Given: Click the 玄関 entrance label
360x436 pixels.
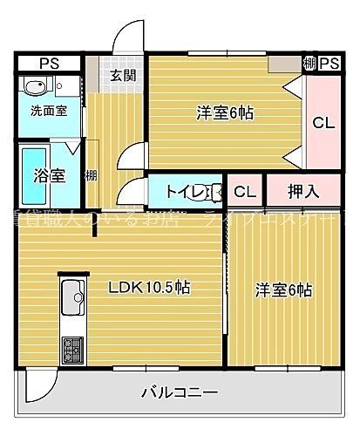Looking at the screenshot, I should tap(122, 74).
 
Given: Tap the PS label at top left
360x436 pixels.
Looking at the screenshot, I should tap(49, 64).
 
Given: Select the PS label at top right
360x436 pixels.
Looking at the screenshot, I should tap(329, 64).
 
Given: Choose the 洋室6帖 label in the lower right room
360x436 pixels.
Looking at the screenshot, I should tap(284, 290).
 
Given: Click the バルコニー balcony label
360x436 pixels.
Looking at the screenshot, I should tap(180, 392).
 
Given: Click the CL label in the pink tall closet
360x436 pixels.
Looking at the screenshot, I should tap(322, 123).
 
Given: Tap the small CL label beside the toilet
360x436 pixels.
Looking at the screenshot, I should tap(244, 191).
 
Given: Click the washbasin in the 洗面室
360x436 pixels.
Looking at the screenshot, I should tap(35, 87).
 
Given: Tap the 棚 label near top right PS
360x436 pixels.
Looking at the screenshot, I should tap(309, 64).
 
